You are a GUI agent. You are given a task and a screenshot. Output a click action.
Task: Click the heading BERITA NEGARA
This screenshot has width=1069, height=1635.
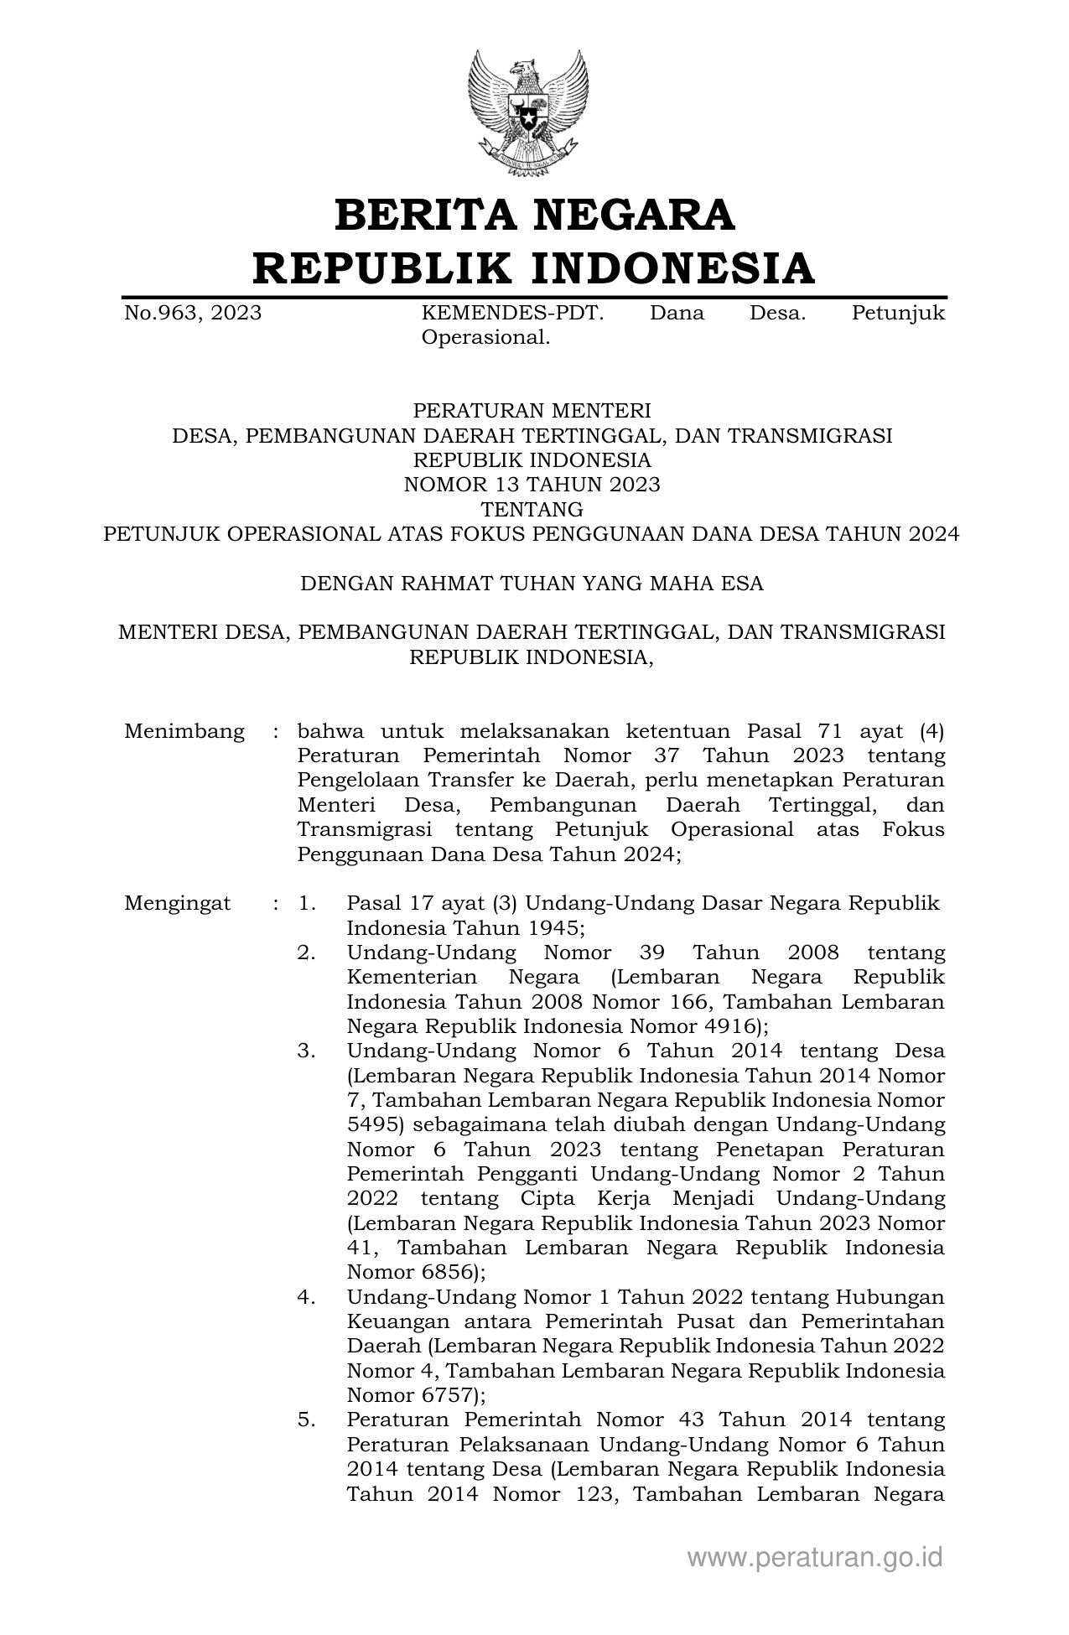tap(534, 215)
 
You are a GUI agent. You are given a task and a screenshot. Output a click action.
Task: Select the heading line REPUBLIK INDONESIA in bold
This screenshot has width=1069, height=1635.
tap(534, 268)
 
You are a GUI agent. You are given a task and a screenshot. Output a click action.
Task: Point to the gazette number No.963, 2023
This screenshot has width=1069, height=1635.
tap(193, 314)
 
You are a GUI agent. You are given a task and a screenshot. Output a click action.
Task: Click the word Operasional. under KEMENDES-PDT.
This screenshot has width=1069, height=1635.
tap(485, 338)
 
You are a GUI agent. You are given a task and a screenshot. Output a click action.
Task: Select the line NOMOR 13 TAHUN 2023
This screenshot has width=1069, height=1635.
tap(532, 485)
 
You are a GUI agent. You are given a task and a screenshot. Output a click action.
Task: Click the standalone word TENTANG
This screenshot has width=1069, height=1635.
tap(532, 509)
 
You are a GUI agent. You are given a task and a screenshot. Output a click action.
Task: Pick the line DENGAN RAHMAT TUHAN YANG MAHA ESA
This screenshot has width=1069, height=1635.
tap(532, 584)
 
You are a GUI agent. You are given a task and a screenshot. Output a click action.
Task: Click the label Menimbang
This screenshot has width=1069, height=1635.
tap(184, 731)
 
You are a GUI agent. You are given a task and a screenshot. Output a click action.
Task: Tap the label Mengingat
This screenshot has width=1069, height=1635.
tap(178, 904)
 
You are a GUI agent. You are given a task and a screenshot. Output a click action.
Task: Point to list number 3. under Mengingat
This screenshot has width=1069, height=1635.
tap(306, 1051)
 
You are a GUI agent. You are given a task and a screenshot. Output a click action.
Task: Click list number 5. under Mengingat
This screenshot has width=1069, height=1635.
tap(306, 1420)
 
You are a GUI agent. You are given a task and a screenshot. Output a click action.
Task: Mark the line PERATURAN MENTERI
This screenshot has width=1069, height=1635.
tap(532, 411)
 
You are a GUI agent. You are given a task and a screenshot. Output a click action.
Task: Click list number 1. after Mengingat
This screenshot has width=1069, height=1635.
tap(306, 904)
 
